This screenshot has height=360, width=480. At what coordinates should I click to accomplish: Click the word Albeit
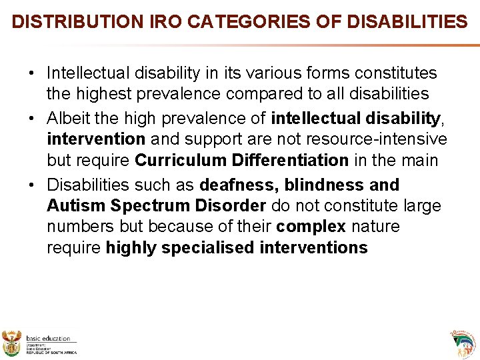(x=69, y=119)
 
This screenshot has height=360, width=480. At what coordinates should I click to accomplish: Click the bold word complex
(x=312, y=227)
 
